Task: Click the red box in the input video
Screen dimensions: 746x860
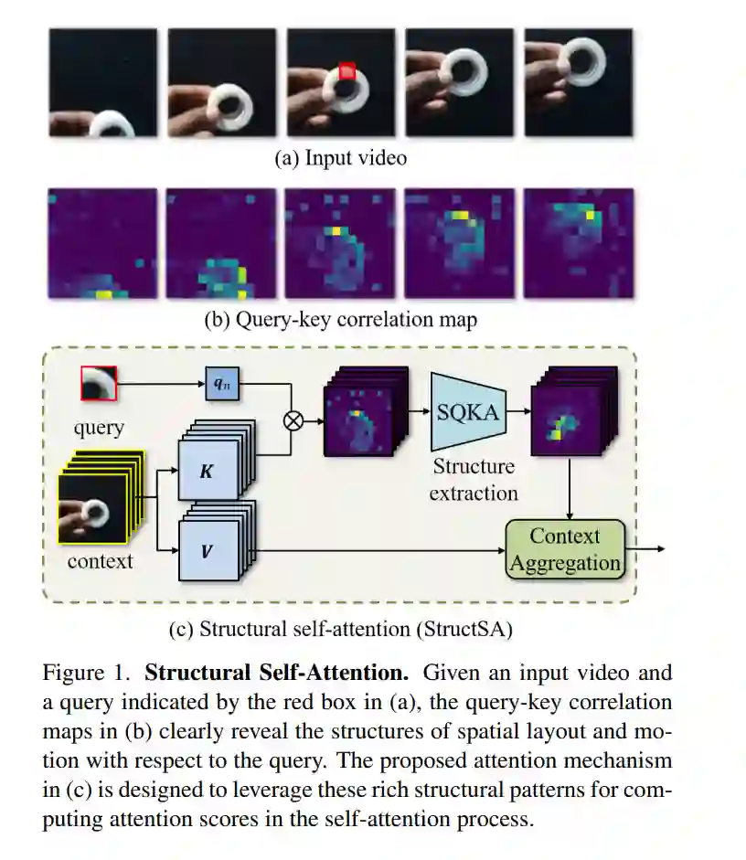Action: [346, 70]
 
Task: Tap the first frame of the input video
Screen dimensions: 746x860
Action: [102, 82]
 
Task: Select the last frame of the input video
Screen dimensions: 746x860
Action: [578, 82]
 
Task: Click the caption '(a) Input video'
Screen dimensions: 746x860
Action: [341, 158]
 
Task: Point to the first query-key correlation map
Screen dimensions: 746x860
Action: [102, 242]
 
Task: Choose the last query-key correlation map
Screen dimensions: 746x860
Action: [578, 242]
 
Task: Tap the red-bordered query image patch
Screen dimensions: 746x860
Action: [99, 384]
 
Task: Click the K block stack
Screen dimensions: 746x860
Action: [209, 467]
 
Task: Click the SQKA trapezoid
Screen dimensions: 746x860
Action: [467, 411]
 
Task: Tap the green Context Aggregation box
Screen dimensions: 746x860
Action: [565, 549]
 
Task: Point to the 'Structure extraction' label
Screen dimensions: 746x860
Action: [474, 480]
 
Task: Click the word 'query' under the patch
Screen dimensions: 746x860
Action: [99, 427]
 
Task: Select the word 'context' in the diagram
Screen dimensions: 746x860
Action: [100, 561]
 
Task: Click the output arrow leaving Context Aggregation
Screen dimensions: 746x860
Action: [649, 549]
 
